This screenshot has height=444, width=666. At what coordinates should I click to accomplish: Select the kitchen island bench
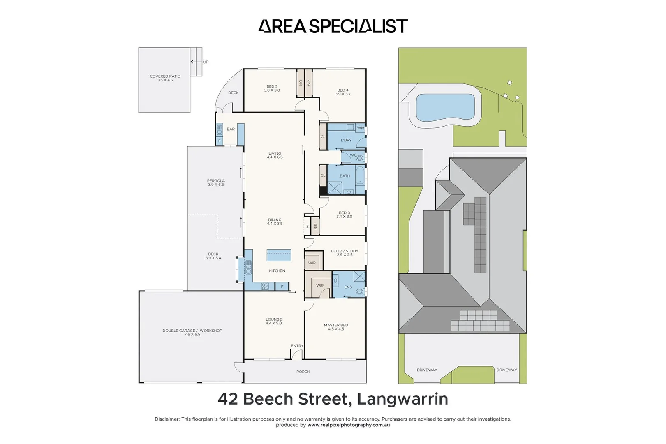coord(279,255)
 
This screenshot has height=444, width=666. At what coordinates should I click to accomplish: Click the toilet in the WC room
coord(360,157)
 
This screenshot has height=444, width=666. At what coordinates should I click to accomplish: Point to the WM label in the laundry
coord(361,128)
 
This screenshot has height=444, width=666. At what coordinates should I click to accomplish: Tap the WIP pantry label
coord(312,263)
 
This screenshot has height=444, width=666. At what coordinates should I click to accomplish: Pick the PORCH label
coord(303,372)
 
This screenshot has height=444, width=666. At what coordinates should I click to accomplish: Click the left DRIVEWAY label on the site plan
coord(427,370)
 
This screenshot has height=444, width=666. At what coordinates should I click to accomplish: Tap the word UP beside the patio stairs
coord(206,62)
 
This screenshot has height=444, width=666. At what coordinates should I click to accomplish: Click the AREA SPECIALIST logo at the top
coord(333,26)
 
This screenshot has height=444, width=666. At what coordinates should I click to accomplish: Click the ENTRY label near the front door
coord(297,346)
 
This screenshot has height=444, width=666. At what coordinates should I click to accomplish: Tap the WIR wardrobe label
coord(320,286)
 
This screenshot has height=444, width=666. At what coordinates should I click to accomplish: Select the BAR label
coord(231,129)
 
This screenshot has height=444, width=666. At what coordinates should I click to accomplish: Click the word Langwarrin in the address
coord(402,399)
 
